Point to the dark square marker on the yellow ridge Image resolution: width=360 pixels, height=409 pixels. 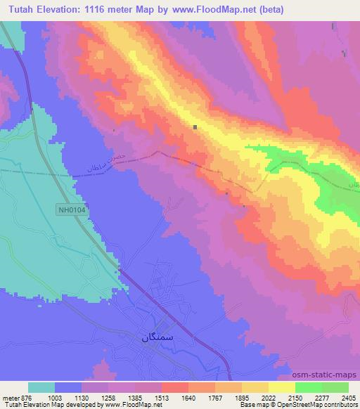point(195,126)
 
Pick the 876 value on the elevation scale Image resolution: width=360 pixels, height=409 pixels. point(27,397)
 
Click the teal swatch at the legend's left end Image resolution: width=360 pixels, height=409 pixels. point(41,387)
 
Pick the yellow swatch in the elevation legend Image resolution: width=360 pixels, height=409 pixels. point(282,387)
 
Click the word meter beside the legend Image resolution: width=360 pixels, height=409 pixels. point(10,397)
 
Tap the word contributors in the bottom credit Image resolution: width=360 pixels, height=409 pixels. point(340,405)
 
